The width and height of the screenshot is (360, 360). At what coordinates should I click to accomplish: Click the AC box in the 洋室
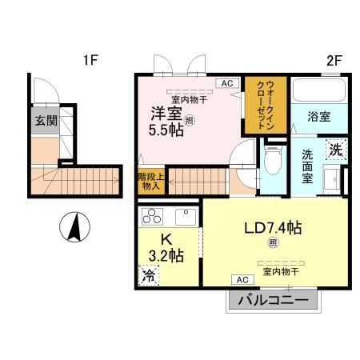pos(226,82)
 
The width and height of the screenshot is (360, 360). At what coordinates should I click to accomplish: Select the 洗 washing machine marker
pos(337,149)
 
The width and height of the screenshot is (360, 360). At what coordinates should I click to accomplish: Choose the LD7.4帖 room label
pos(272,227)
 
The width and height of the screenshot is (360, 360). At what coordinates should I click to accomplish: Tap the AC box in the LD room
pos(241,279)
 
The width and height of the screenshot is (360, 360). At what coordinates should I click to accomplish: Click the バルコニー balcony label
pos(272,302)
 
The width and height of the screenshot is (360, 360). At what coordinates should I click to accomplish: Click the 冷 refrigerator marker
pos(149,276)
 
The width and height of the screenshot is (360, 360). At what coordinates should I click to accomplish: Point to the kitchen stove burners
pos(150,216)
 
